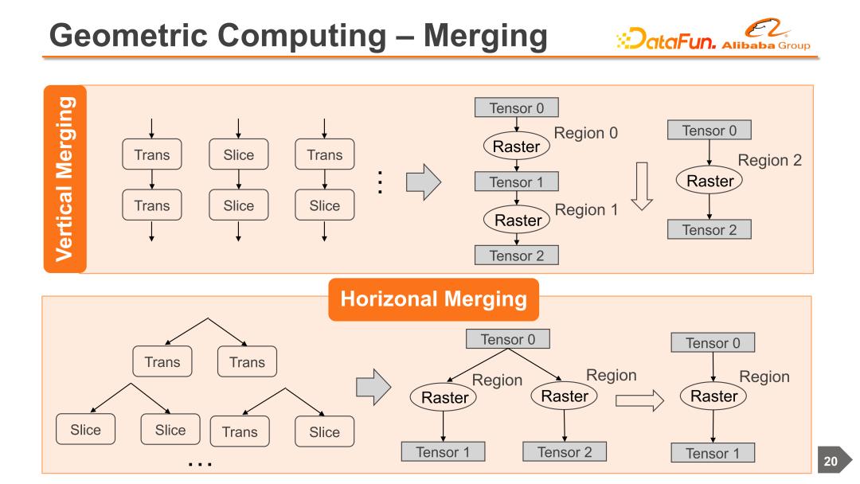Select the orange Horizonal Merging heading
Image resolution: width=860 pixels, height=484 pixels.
tap(435, 299)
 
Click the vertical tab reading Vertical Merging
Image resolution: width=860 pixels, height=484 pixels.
tap(64, 179)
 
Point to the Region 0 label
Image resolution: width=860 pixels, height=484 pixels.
tap(584, 132)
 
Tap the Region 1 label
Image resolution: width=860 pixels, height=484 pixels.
tap(585, 209)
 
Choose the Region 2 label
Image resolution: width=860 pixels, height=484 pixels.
tap(769, 160)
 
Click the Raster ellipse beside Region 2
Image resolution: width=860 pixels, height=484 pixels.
tap(709, 181)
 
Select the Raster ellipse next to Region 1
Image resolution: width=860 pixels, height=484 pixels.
tap(518, 221)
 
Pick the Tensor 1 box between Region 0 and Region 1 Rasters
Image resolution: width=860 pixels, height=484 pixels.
tap(516, 182)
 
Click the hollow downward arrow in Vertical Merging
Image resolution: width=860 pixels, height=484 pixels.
tap(641, 185)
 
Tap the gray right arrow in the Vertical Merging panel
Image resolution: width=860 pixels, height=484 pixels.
tap(423, 182)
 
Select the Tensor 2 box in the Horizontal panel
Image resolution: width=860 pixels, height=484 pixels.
tap(564, 452)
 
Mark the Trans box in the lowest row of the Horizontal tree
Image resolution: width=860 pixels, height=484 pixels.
tap(240, 432)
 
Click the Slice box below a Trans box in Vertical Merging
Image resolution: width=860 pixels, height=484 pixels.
tap(324, 205)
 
